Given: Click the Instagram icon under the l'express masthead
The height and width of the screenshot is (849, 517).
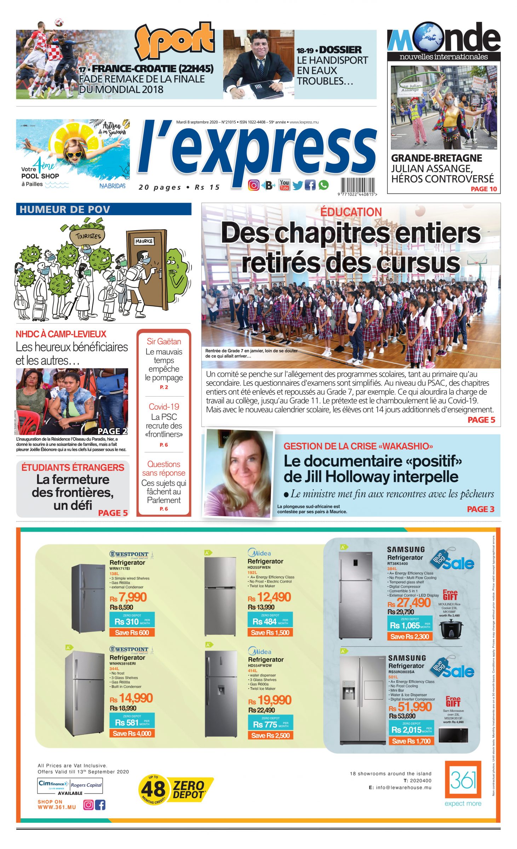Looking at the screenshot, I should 253,185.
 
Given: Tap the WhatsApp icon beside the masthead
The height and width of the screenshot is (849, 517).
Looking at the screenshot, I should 323,185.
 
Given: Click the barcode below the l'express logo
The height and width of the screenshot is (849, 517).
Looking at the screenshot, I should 357,185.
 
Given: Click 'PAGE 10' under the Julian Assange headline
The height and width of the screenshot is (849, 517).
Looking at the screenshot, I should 483,189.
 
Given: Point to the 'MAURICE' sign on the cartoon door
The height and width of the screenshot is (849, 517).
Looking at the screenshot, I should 144,241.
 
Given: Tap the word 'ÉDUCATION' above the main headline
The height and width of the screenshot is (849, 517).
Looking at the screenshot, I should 351,212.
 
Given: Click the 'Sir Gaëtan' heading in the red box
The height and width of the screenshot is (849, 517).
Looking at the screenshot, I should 164,341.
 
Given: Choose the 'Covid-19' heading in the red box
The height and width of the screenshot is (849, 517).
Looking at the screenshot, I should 164,406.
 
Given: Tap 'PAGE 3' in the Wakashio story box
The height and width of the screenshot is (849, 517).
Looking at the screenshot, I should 480,509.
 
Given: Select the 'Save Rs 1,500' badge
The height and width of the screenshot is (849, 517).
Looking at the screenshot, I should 270,633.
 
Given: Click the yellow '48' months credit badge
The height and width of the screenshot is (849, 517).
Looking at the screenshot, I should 154,789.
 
